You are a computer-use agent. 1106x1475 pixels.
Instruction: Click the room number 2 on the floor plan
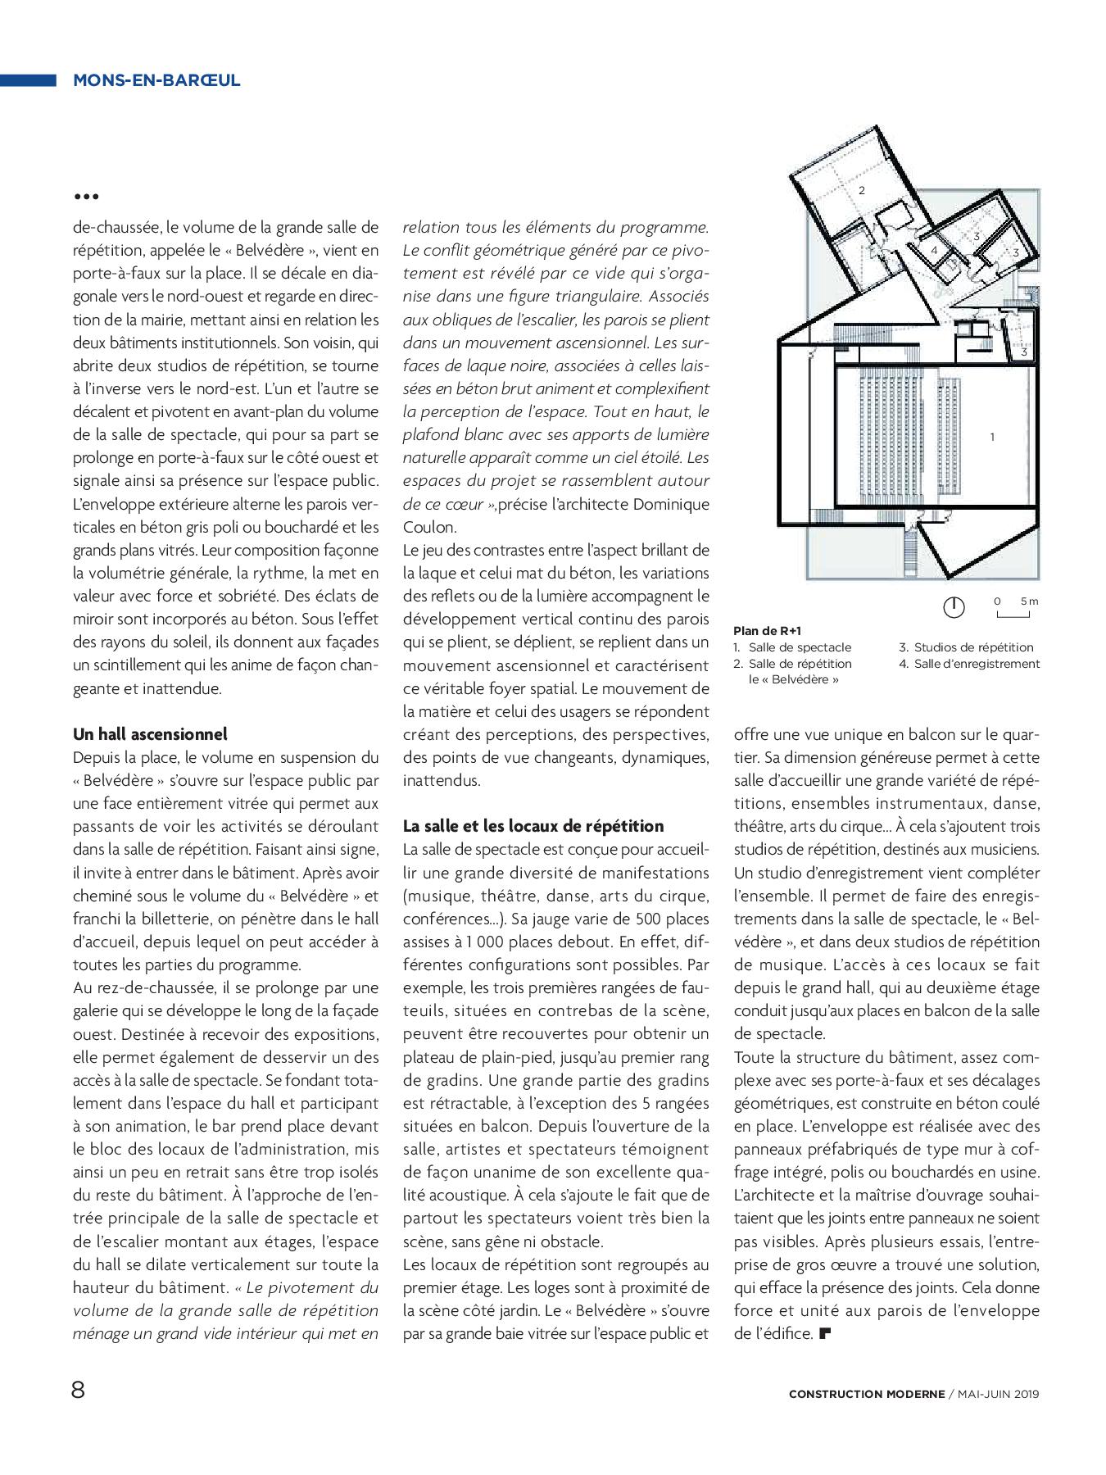(x=861, y=190)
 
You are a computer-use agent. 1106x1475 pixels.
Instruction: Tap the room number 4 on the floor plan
(x=933, y=249)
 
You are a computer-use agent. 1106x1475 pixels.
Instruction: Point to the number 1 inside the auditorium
(x=992, y=437)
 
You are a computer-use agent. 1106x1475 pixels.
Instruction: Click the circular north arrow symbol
(x=954, y=607)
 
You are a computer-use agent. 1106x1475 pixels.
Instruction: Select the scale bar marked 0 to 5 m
(x=1014, y=608)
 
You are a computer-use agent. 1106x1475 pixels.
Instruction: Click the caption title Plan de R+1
(x=767, y=631)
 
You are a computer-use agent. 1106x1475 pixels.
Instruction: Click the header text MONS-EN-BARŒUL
(x=156, y=80)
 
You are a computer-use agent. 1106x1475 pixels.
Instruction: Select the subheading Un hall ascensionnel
(x=150, y=733)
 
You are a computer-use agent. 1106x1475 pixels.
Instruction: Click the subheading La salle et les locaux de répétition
(x=533, y=825)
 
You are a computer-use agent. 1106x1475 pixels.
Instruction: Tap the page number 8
(x=79, y=1391)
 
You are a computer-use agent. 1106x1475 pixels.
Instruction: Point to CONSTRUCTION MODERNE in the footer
(x=866, y=1393)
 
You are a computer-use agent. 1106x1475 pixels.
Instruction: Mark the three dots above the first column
(x=86, y=197)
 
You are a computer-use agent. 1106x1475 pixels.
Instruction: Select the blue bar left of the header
(x=28, y=80)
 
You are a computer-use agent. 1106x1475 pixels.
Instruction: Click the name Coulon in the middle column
(x=429, y=527)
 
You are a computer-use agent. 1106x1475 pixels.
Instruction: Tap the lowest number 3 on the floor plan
(x=1024, y=352)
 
